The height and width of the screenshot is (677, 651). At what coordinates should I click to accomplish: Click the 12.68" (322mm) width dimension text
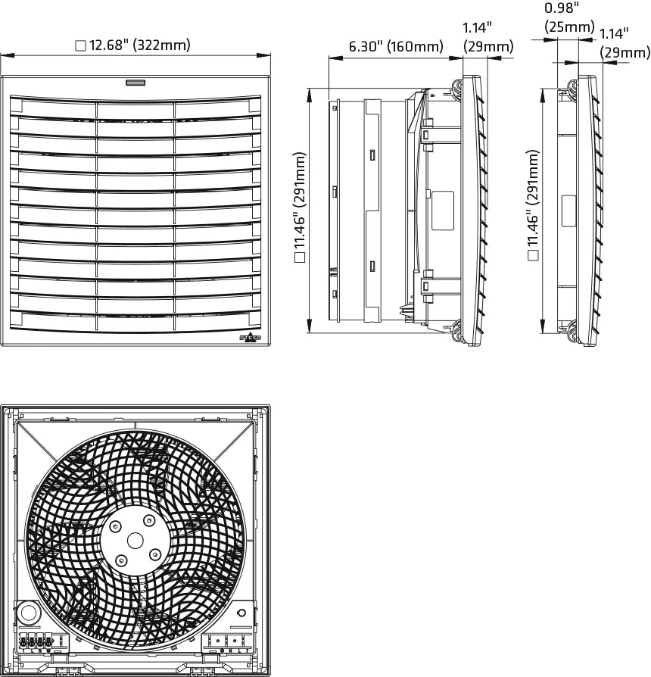tap(140, 45)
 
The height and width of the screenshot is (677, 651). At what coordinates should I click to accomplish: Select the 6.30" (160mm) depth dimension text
tap(396, 46)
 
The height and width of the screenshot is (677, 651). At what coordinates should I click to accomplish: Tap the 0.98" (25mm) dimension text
tap(569, 17)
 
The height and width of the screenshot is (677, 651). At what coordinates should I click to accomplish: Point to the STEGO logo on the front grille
tap(251, 338)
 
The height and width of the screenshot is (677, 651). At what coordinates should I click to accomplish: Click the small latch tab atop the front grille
tap(135, 83)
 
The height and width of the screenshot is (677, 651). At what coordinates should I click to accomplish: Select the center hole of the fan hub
tap(135, 541)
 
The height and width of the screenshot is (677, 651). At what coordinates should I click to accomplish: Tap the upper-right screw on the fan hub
tap(149, 520)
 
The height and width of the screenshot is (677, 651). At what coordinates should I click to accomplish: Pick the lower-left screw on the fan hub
tap(122, 560)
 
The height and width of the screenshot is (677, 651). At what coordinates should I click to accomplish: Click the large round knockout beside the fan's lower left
tap(29, 613)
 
